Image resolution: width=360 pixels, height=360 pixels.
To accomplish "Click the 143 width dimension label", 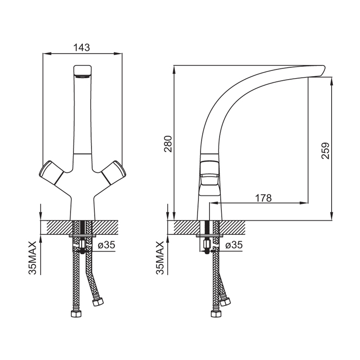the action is coord(81,47).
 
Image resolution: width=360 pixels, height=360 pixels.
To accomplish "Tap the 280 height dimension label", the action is coord(168,144).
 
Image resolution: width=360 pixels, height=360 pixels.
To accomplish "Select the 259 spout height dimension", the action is coord(326,151).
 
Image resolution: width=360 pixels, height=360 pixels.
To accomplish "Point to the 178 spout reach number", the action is coord(263,197).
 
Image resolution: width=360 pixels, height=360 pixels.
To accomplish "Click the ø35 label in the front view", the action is coord(106,245).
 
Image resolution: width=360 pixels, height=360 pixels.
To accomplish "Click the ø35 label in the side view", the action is coord(234,245).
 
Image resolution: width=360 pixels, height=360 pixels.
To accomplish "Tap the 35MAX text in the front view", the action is coord(32,258).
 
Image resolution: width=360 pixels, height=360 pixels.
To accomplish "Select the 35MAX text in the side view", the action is coord(160,258).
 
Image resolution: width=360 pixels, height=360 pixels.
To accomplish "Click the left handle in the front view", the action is coord(51,172).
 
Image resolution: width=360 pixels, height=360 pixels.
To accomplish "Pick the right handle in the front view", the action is coord(114,172).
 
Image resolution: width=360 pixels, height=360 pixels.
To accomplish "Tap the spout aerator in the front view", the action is coord(82,77).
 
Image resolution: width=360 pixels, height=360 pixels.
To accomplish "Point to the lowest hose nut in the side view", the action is coord(217,313).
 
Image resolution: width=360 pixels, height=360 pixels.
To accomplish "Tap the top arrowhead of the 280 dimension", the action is coord(174,69).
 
